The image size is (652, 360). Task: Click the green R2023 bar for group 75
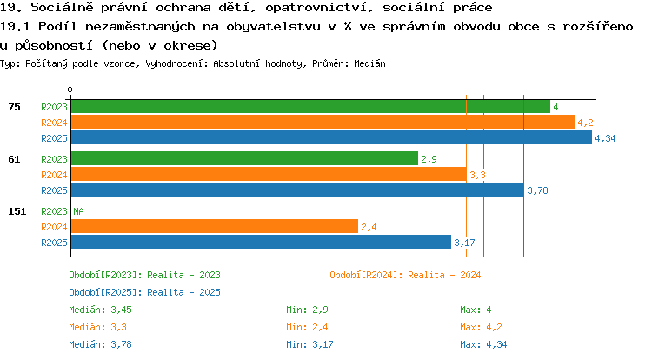click(310, 107)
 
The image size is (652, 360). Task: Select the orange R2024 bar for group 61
click(269, 174)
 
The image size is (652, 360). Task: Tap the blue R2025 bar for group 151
click(261, 242)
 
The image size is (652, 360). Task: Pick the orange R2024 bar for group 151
click(215, 226)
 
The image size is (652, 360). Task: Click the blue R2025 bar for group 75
click(331, 137)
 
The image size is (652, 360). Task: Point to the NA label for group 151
click(78, 211)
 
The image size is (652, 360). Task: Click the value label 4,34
click(605, 138)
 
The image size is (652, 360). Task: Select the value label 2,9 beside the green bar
click(429, 159)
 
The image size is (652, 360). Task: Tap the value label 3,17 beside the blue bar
click(464, 243)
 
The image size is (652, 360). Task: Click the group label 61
click(14, 159)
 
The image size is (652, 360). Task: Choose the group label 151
click(17, 211)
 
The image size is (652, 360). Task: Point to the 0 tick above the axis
click(70, 90)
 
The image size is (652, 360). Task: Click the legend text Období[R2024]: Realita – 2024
click(405, 275)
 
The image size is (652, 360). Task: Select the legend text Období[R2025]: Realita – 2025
click(144, 293)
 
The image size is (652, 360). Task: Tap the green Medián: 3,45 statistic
click(100, 310)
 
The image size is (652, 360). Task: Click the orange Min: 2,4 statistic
click(307, 328)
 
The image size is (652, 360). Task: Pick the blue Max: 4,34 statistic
click(483, 344)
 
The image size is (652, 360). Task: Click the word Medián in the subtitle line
click(369, 63)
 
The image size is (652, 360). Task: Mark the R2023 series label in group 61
click(54, 159)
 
